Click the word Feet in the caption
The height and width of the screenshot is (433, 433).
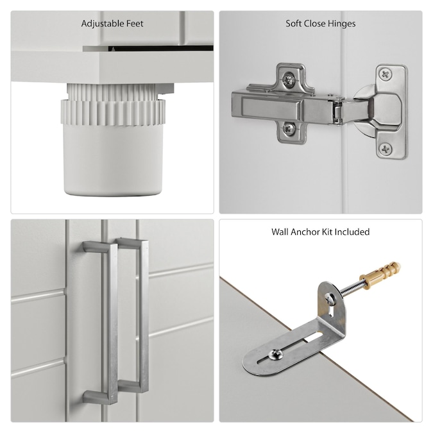(x=135, y=24)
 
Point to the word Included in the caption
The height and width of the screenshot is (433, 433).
(x=352, y=232)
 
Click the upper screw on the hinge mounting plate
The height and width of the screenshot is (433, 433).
(x=289, y=80)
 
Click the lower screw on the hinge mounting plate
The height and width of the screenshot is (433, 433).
(x=289, y=128)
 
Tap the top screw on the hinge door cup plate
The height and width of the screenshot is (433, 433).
(x=386, y=74)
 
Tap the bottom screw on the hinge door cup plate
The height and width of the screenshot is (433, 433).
(x=386, y=149)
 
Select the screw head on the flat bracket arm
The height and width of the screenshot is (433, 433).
(x=276, y=354)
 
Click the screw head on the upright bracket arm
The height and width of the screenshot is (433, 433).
(x=330, y=299)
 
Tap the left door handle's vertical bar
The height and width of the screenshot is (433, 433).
(x=112, y=323)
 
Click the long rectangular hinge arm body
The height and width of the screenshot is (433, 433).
(x=279, y=109)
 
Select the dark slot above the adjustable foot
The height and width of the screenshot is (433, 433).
(x=161, y=49)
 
